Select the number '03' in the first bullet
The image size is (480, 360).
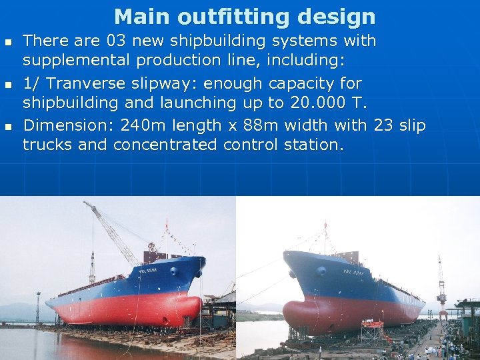pyautogui.click(x=117, y=41)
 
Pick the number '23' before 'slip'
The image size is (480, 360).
pyautogui.click(x=383, y=125)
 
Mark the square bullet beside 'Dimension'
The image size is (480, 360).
pyautogui.click(x=8, y=126)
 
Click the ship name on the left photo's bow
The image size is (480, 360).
pyautogui.click(x=147, y=270)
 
